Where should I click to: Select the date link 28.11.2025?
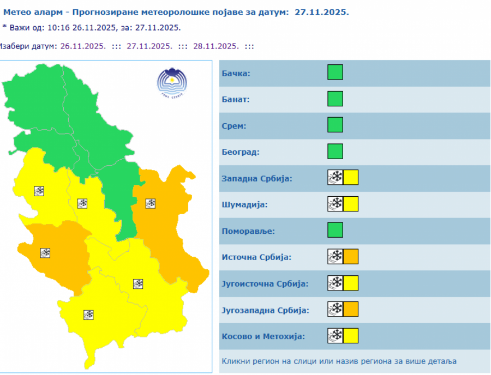pyautogui.click(x=215, y=46)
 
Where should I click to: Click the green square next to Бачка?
pyautogui.click(x=335, y=72)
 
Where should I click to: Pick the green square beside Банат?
pyautogui.click(x=335, y=99)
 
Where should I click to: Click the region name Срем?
pyautogui.click(x=234, y=126)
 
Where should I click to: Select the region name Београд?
pyautogui.click(x=241, y=152)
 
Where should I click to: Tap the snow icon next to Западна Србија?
pyautogui.click(x=335, y=178)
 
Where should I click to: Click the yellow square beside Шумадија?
pyautogui.click(x=351, y=204)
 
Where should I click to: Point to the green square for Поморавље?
pyautogui.click(x=335, y=230)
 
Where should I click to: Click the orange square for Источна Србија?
pyautogui.click(x=351, y=256)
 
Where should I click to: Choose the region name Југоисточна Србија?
pyautogui.click(x=265, y=284)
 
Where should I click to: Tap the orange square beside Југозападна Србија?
pyautogui.click(x=351, y=309)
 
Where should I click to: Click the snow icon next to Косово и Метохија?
pyautogui.click(x=335, y=335)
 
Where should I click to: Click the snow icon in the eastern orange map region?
pyautogui.click(x=150, y=203)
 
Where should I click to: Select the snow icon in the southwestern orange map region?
pyautogui.click(x=45, y=253)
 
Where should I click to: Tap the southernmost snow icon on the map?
pyautogui.click(x=88, y=314)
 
